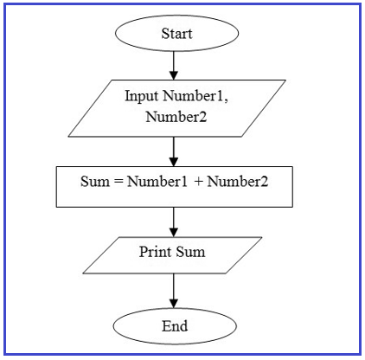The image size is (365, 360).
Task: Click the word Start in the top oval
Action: click(176, 34)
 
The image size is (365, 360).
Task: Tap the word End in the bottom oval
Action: click(175, 326)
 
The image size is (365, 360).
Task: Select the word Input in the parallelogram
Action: click(141, 96)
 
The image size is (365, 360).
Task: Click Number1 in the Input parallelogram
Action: click(193, 96)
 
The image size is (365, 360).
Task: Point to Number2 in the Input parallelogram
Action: click(176, 117)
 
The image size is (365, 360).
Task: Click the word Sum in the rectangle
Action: click(95, 182)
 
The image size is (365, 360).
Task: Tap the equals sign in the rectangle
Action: click(118, 183)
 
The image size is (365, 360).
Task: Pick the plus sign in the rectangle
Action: click(199, 182)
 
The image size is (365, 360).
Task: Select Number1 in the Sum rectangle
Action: click(157, 182)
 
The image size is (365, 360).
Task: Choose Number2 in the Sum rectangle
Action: click(238, 182)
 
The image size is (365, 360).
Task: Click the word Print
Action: click(155, 252)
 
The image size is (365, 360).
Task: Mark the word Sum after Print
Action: click(190, 252)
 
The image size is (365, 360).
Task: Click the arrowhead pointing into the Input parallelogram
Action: click(174, 75)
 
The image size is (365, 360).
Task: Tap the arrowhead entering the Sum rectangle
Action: click(174, 162)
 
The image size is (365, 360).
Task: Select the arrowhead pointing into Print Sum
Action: click(174, 232)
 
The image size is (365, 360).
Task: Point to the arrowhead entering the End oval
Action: click(174, 304)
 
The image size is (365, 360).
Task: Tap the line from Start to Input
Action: click(174, 66)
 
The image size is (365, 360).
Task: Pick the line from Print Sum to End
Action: click(174, 291)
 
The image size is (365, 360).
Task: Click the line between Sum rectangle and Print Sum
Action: click(174, 222)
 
